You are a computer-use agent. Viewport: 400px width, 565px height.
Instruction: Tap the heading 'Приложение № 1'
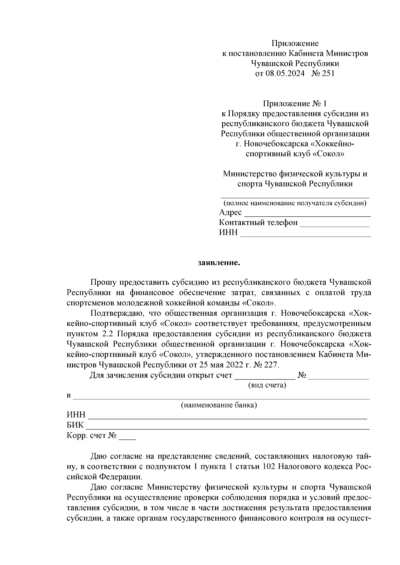pyautogui.click(x=295, y=104)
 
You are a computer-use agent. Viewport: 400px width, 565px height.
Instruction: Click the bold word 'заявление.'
pyautogui.click(x=219, y=263)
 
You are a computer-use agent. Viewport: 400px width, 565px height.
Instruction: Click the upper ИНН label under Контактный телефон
pyautogui.click(x=228, y=233)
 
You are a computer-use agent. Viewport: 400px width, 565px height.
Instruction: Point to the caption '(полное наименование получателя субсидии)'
pyautogui.click(x=295, y=203)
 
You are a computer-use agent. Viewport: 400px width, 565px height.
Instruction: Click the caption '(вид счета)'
pyautogui.click(x=267, y=386)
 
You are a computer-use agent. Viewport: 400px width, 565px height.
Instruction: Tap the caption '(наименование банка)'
pyautogui.click(x=219, y=405)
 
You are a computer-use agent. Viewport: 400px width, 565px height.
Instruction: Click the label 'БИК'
pyautogui.click(x=75, y=425)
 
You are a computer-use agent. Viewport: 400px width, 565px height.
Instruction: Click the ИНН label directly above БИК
pyautogui.click(x=76, y=415)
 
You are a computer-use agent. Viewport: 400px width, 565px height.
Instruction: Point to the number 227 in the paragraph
pyautogui.click(x=270, y=365)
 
